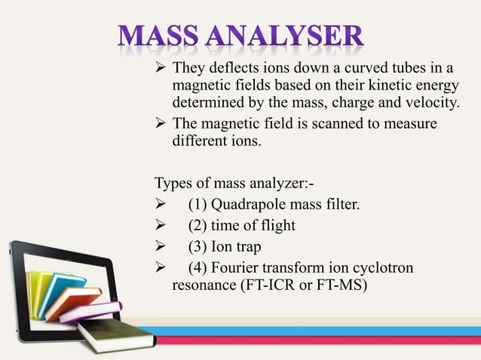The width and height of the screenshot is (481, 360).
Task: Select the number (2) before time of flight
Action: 198,225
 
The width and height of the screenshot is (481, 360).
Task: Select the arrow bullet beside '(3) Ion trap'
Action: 161,246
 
